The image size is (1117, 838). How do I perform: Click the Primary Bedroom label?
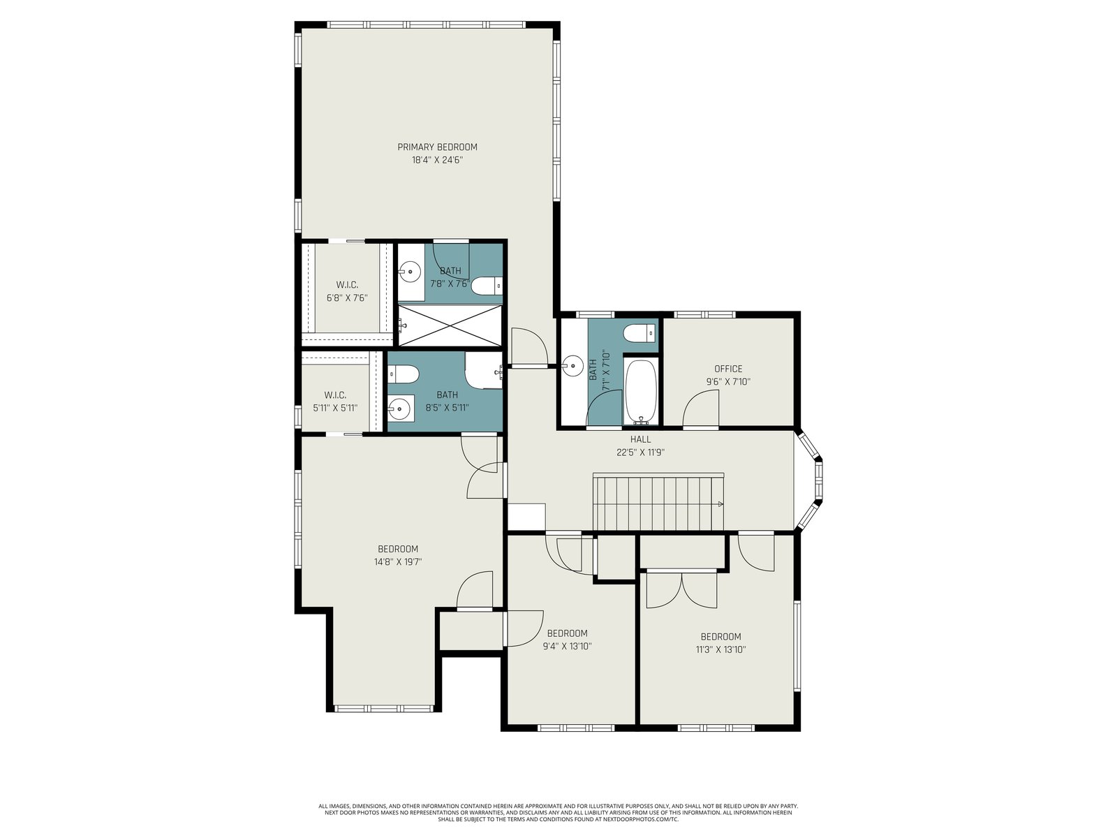(437, 147)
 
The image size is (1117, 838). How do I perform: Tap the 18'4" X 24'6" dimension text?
(437, 161)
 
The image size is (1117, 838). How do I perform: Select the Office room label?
(728, 369)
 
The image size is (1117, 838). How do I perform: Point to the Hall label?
(640, 439)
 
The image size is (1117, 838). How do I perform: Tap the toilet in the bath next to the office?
(639, 334)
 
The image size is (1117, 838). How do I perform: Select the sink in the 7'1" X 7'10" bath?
(572, 365)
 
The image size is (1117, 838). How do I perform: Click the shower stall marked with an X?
(450, 325)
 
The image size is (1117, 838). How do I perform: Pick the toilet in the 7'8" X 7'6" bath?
(487, 286)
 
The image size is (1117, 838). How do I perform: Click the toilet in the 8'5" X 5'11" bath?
(404, 375)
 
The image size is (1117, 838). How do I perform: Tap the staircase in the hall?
(658, 502)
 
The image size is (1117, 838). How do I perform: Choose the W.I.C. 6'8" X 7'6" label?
(347, 291)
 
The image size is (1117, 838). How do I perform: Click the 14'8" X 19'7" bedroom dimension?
(398, 562)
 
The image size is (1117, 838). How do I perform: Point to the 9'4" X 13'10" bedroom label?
(568, 640)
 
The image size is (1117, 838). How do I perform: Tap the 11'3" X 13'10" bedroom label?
(720, 643)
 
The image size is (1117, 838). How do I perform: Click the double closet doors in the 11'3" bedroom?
(682, 589)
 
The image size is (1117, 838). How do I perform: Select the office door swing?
(701, 408)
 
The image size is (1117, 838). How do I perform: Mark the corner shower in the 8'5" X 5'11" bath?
(483, 370)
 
